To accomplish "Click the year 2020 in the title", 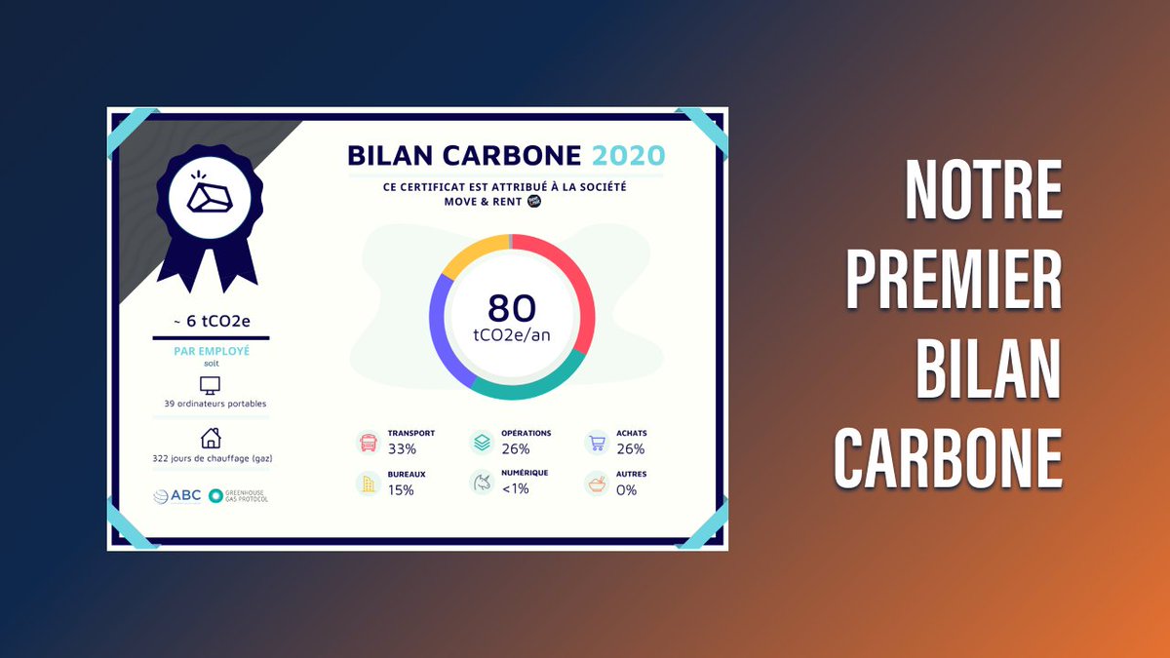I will [x=629, y=155].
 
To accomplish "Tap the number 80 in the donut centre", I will [x=512, y=308].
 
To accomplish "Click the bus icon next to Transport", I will [x=369, y=443].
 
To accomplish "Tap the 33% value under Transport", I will [x=402, y=449].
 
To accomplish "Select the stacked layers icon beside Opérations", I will [x=482, y=443].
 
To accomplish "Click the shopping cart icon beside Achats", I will [x=597, y=443].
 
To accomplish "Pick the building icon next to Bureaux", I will [x=369, y=483].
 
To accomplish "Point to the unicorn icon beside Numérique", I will [x=482, y=483].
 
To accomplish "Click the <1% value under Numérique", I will [x=515, y=489].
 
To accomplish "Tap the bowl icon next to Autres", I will [x=597, y=483].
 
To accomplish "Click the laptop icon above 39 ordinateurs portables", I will [x=210, y=385].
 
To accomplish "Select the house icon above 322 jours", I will [x=210, y=438].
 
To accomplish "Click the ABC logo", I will [x=177, y=495].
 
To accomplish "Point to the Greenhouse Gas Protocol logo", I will [x=238, y=496].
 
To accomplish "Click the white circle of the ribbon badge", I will [x=210, y=198].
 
